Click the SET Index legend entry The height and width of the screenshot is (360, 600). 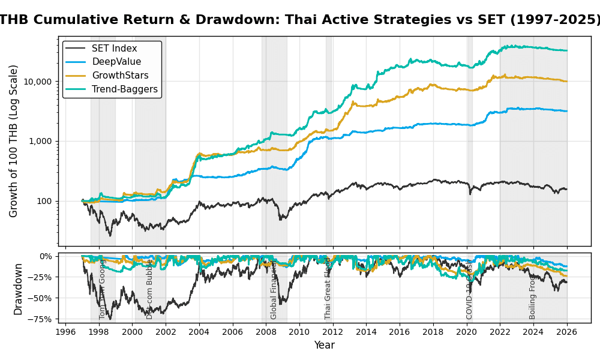click(x=114, y=49)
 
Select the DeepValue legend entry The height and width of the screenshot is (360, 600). click(x=116, y=62)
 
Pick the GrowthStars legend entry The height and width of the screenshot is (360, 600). click(x=120, y=76)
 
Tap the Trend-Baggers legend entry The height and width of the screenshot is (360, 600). click(x=124, y=89)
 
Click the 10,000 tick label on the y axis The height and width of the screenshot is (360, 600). click(x=39, y=81)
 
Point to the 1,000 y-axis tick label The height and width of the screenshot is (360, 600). click(x=42, y=141)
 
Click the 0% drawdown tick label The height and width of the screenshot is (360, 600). click(x=46, y=256)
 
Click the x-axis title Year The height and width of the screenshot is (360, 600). click(x=324, y=346)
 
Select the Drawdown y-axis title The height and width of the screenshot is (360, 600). click(x=19, y=289)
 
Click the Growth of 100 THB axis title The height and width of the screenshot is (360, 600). click(x=14, y=141)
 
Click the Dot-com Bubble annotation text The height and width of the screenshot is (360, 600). click(x=150, y=289)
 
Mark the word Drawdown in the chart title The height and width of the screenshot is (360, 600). click(x=242, y=20)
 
